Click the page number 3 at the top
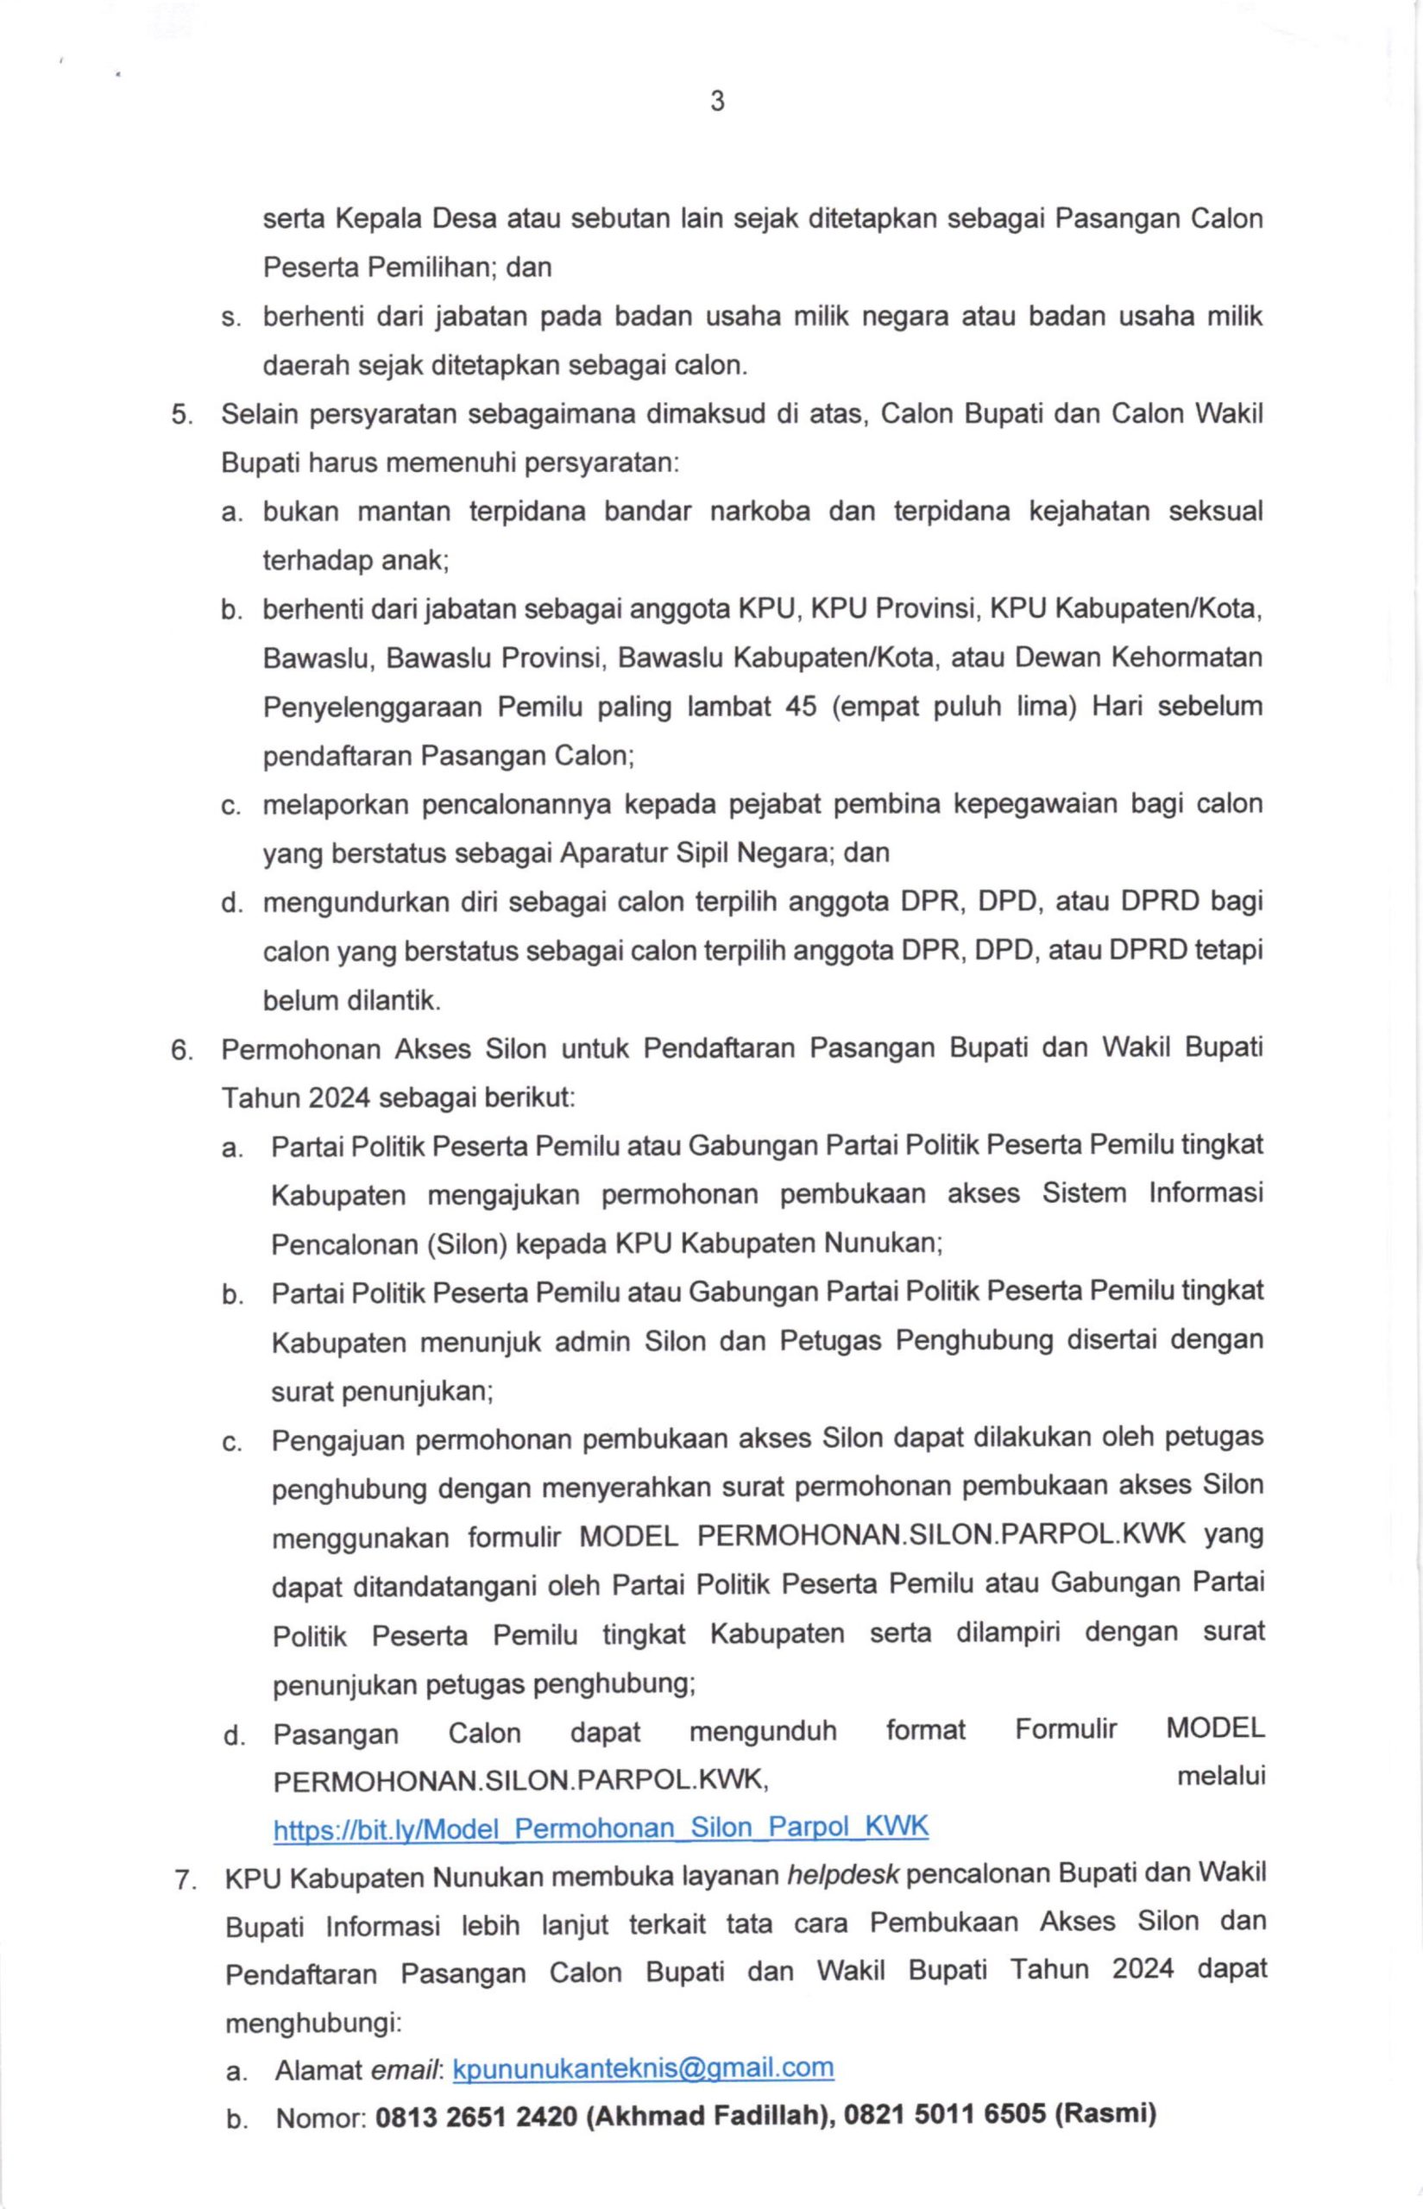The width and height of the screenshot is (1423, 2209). tap(717, 102)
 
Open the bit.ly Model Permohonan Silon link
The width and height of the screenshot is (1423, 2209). tap(601, 1827)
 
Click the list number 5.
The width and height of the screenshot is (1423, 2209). tap(182, 415)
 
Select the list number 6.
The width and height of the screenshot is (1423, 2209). tap(182, 1050)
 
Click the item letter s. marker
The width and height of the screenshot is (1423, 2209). tap(230, 318)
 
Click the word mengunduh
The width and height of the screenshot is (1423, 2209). tap(762, 1730)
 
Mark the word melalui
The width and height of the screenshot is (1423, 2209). tap(1220, 1776)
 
